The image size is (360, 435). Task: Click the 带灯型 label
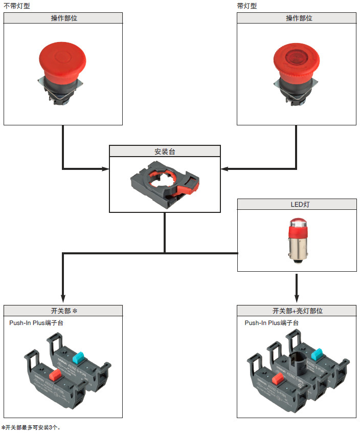[x=248, y=6]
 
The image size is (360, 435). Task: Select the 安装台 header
[x=165, y=151]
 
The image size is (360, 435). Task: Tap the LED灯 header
[x=297, y=204]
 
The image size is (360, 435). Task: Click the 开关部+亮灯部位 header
[x=297, y=311]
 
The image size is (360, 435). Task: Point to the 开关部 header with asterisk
[x=63, y=311]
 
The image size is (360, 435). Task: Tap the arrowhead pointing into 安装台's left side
[x=106, y=168]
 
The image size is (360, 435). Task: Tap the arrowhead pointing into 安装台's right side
[x=224, y=168]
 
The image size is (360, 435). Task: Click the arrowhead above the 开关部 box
[x=63, y=300]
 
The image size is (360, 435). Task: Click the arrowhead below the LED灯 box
[x=297, y=300]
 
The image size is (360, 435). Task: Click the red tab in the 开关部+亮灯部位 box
[x=279, y=379]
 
